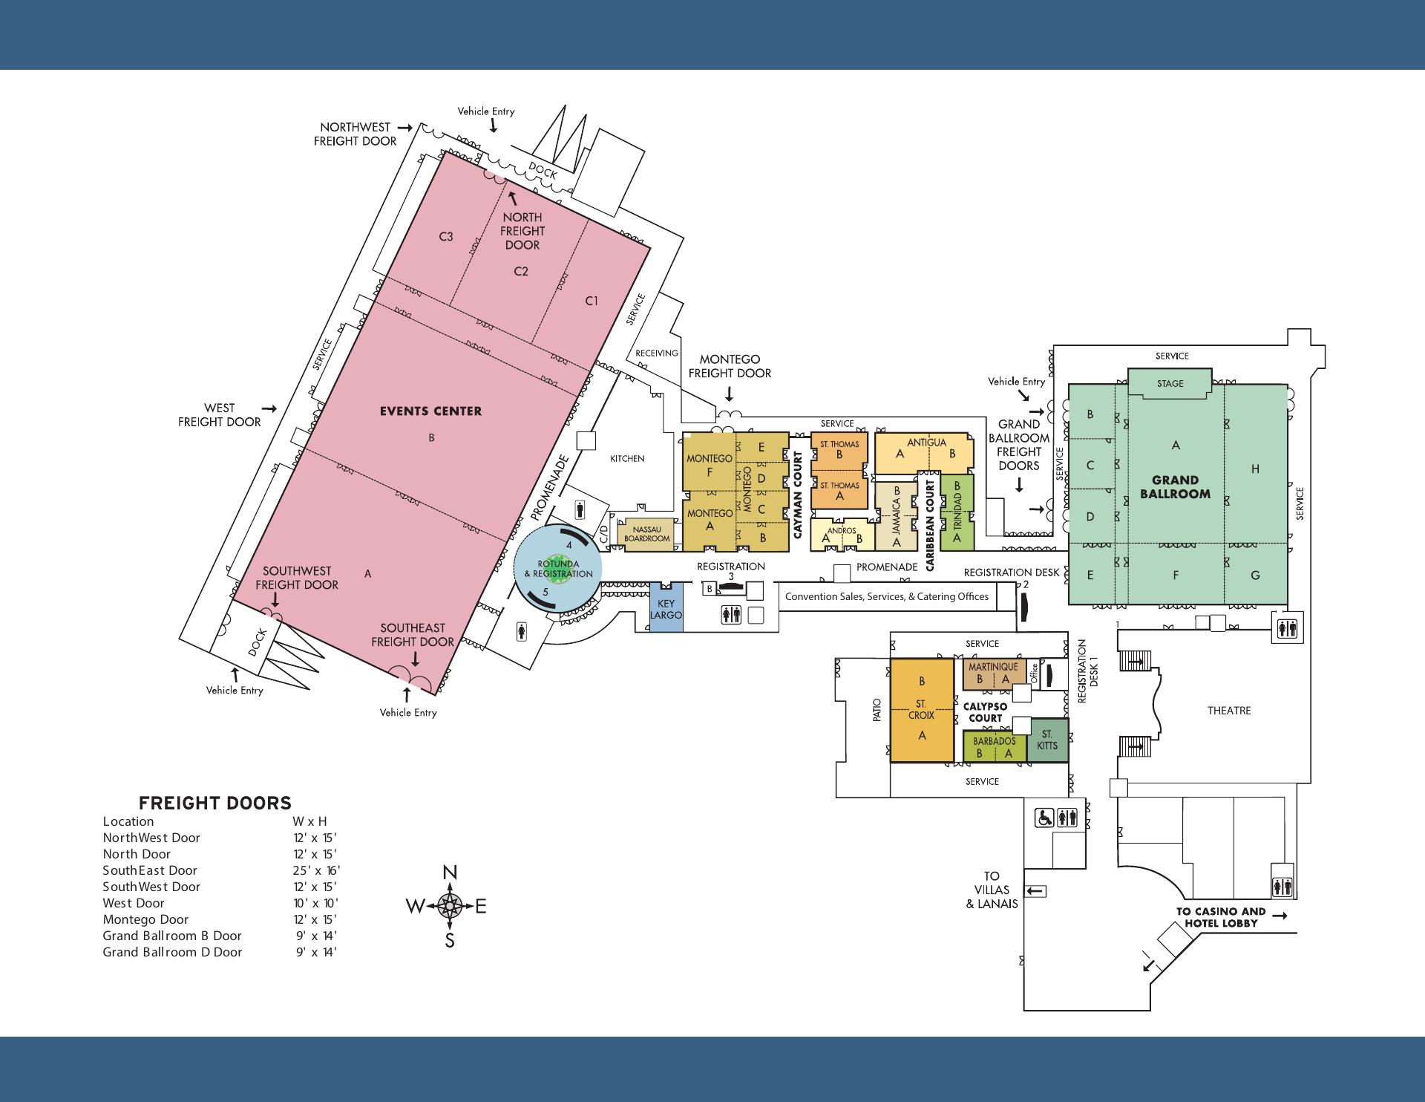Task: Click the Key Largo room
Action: [666, 610]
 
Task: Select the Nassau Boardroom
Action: [646, 535]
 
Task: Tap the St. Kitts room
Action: [1047, 740]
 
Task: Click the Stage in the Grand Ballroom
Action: [1170, 383]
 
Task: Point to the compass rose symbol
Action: [450, 905]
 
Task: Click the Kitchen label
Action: [627, 458]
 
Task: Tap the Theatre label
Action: [1229, 711]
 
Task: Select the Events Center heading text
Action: [430, 411]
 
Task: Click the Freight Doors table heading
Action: [215, 803]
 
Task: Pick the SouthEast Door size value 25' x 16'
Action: [316, 870]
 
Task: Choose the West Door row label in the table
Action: [134, 903]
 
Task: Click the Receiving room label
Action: [657, 353]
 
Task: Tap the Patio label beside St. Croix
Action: [877, 711]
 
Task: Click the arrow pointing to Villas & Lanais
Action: [1036, 891]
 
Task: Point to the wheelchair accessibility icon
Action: [1045, 818]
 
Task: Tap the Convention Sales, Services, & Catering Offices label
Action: [887, 596]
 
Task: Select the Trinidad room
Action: [957, 512]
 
